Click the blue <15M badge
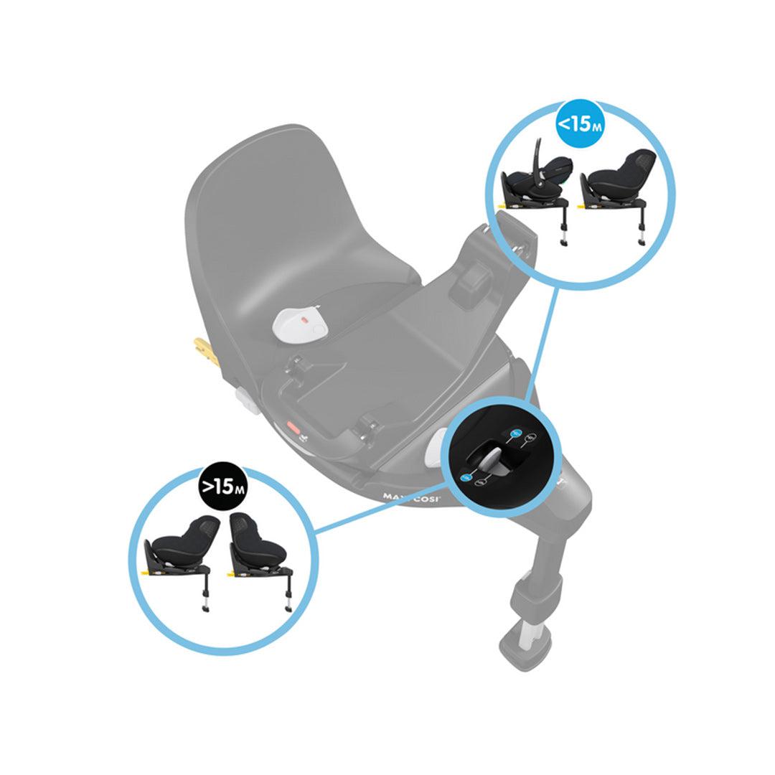(580, 123)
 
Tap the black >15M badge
(222, 487)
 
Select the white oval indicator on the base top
(300, 324)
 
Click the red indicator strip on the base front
(294, 426)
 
